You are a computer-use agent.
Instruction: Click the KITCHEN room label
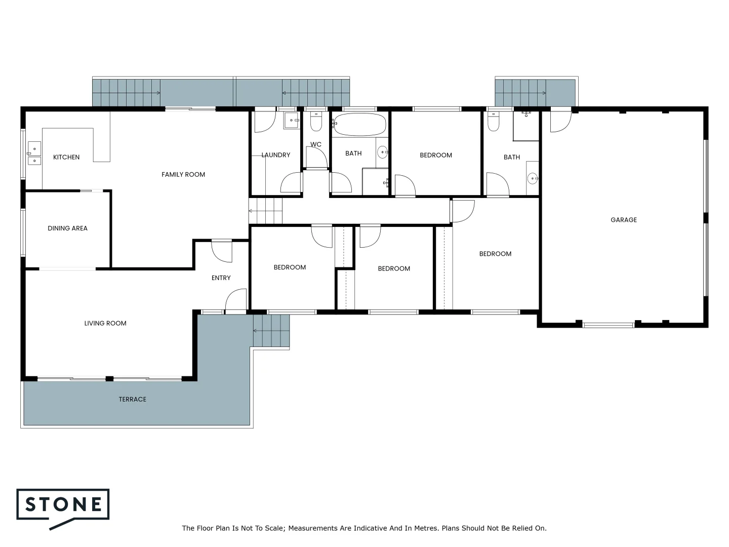[x=66, y=157]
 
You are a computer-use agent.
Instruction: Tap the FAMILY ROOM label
[x=183, y=174]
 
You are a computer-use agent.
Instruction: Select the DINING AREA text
[x=67, y=228]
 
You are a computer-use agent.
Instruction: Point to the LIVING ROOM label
[x=105, y=323]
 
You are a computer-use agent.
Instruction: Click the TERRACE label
[x=132, y=399]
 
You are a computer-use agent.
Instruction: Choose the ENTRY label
[x=221, y=278]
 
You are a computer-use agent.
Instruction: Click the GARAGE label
[x=624, y=220]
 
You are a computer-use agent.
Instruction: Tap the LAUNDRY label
[x=276, y=155]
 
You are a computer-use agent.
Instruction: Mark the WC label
[x=316, y=144]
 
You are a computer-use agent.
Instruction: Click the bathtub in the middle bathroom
[x=360, y=124]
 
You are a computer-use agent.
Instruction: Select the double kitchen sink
[x=33, y=153]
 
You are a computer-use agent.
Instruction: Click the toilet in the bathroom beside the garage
[x=493, y=122]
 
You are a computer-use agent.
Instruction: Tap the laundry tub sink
[x=291, y=121]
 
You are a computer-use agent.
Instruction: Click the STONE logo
[x=63, y=505]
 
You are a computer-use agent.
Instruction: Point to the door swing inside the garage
[x=559, y=122]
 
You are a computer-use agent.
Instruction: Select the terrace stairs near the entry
[x=271, y=330]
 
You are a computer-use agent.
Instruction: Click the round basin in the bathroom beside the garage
[x=532, y=178]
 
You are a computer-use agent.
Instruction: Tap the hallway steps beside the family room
[x=265, y=210]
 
